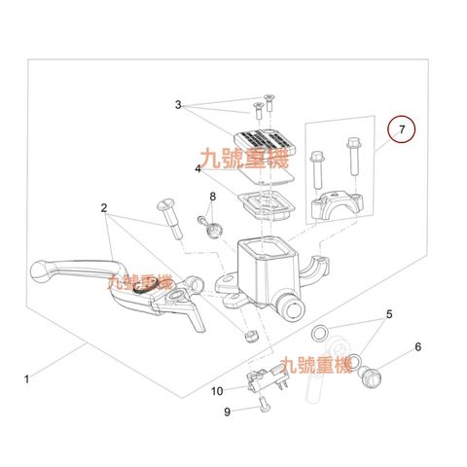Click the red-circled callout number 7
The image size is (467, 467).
pos(402,129)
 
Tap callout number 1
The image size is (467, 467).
pos(27,378)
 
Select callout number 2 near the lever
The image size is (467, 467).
pos(104,208)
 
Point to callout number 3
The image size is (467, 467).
pos(178,105)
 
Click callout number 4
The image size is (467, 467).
pos(198,169)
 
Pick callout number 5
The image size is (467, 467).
pos(389,314)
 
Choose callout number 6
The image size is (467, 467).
pos(418,347)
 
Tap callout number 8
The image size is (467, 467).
pos(212,197)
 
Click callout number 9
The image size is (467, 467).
pos(227,412)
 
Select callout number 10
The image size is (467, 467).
pos(217,391)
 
